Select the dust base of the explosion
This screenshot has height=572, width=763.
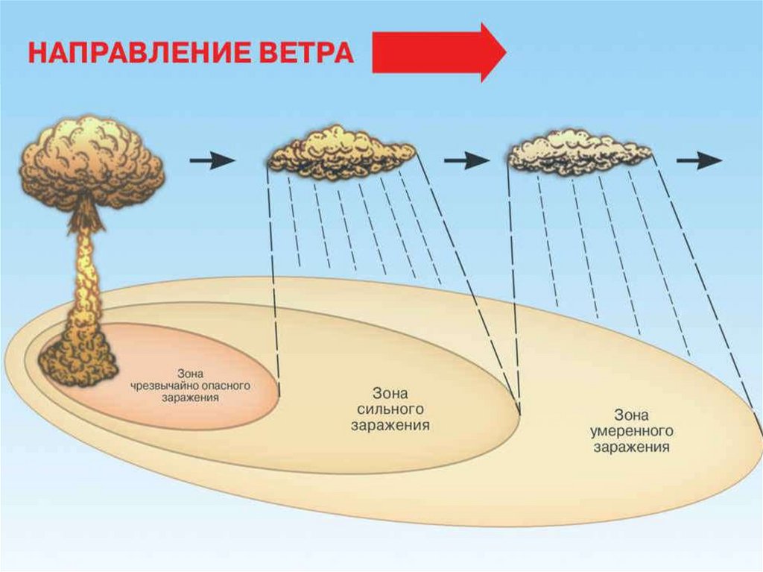[77, 358]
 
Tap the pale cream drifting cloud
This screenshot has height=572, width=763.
[578, 151]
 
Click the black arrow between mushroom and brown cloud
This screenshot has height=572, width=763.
[212, 160]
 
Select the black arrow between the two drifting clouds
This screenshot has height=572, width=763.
[466, 160]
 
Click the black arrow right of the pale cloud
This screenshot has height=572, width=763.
[699, 160]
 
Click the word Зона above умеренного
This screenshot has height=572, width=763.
[631, 415]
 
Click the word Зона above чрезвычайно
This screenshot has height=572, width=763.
[191, 374]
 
